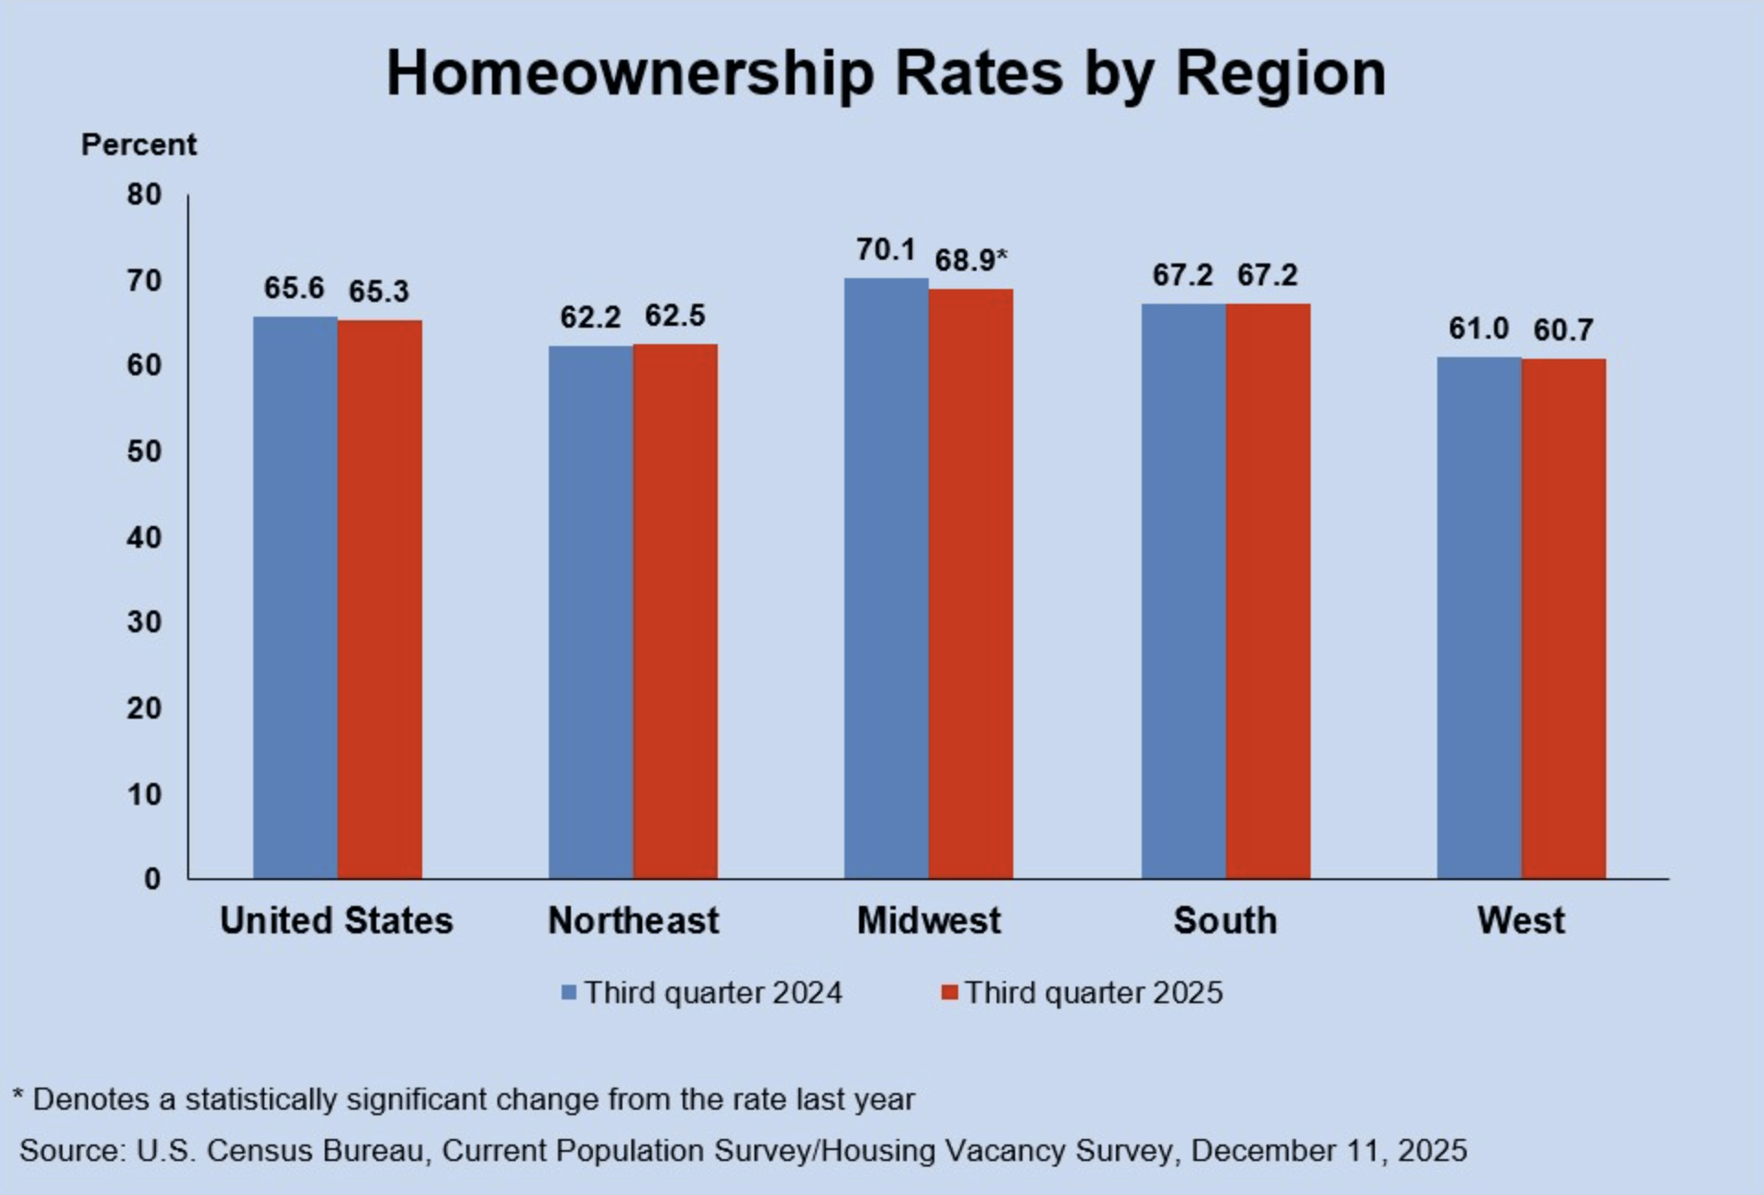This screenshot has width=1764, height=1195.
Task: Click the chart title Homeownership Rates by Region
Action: (x=886, y=73)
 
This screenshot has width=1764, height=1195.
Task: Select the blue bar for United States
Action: (x=296, y=597)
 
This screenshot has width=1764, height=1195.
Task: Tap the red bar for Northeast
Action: (x=675, y=610)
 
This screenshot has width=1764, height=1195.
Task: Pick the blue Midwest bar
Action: (x=887, y=578)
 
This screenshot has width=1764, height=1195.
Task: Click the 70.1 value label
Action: (x=886, y=250)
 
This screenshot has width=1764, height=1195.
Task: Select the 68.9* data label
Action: (x=970, y=261)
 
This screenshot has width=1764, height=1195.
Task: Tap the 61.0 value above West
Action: (x=1479, y=328)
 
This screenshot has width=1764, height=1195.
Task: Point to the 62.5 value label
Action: (x=675, y=316)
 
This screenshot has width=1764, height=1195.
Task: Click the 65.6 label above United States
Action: (x=294, y=288)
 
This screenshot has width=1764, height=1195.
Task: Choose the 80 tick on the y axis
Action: (x=144, y=195)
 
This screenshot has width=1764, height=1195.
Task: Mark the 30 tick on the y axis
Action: (x=144, y=622)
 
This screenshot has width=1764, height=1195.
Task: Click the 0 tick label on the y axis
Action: (x=152, y=879)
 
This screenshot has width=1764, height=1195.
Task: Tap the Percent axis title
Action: (x=139, y=145)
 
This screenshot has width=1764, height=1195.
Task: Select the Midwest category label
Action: (x=929, y=921)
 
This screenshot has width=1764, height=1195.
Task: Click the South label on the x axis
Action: (x=1225, y=921)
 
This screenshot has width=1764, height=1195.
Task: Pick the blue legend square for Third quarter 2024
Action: (x=569, y=993)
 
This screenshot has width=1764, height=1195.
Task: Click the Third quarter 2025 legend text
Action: (x=1093, y=993)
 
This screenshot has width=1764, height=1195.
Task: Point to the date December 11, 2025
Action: (x=1329, y=1151)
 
